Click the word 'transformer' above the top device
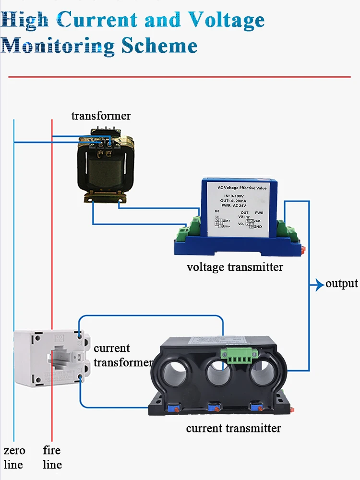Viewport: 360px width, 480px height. (x=101, y=116)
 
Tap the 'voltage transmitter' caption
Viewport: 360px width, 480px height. (x=235, y=267)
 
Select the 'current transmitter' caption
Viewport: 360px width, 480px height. (x=233, y=428)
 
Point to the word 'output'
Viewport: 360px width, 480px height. (x=342, y=284)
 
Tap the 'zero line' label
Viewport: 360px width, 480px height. (x=14, y=457)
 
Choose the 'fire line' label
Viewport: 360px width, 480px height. (x=52, y=457)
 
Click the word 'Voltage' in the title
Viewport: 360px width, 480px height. (x=226, y=20)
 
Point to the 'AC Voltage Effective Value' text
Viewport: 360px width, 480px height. (x=242, y=188)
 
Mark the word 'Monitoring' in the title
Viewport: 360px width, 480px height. (x=58, y=46)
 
